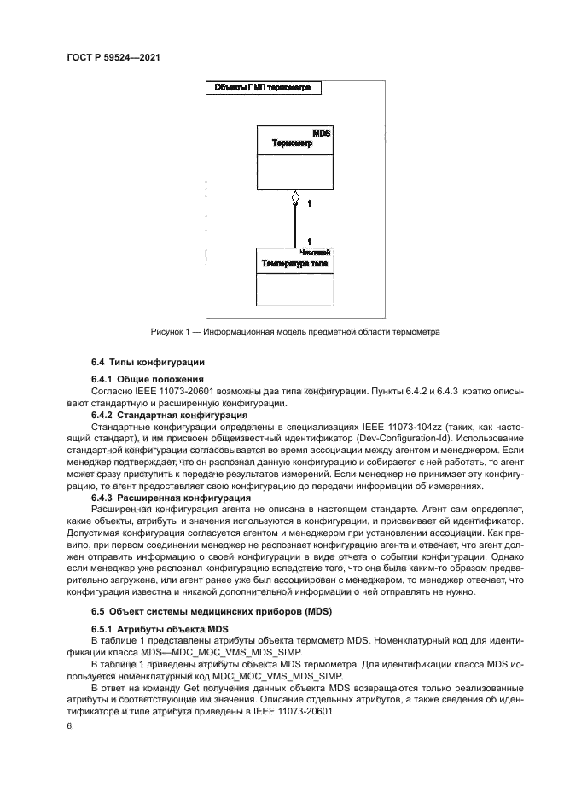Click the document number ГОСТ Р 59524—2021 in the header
113,58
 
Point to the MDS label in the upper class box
322,134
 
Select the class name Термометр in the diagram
292,144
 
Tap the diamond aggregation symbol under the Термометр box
294,198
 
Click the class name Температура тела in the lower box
294,265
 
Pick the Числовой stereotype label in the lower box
316,253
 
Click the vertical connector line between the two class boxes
294,226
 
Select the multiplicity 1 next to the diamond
308,204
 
